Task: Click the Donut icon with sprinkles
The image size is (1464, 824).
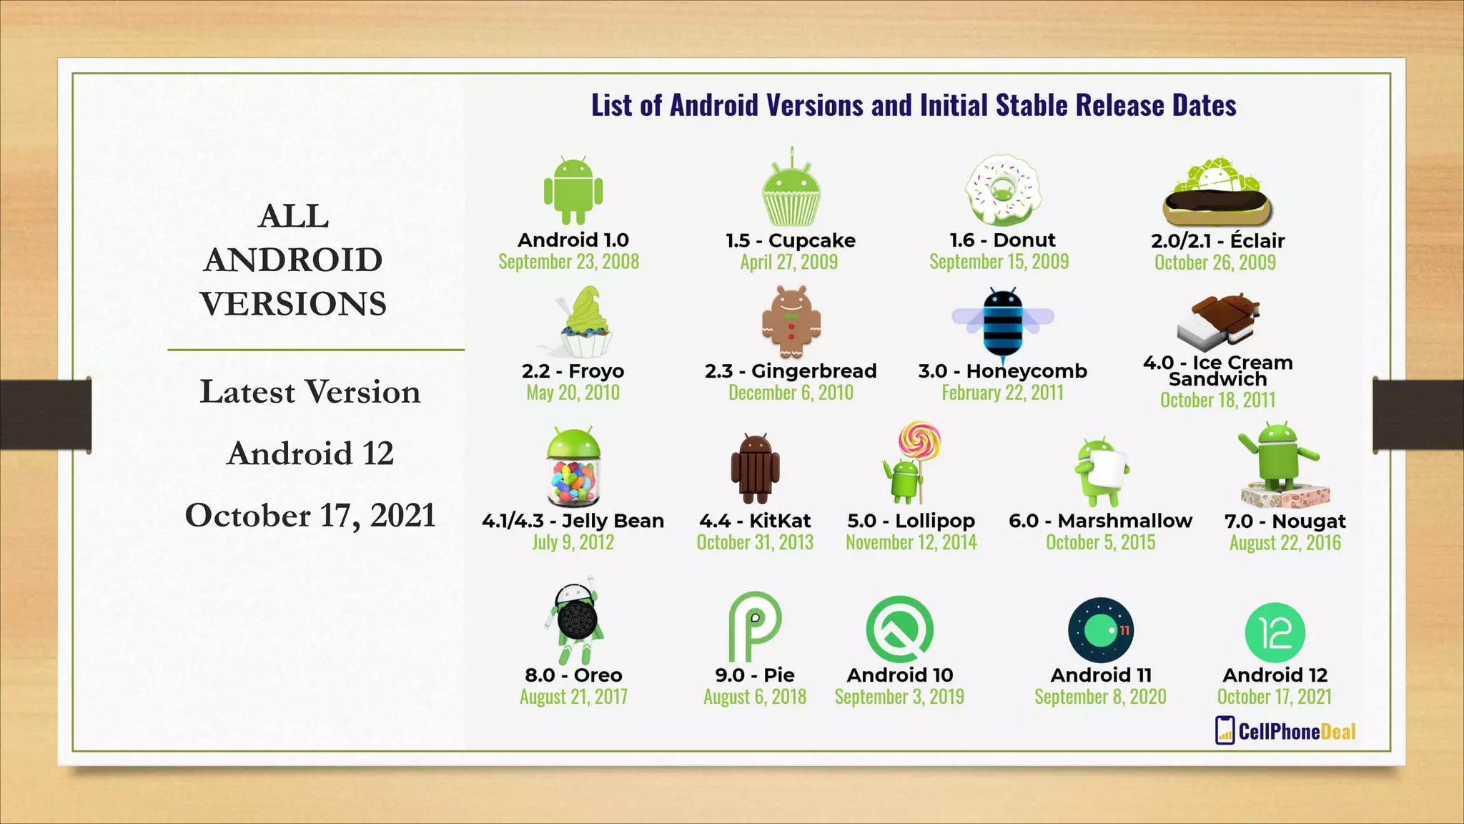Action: point(1002,190)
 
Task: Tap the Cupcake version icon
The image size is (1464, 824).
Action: point(791,193)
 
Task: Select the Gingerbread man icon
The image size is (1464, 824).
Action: point(791,323)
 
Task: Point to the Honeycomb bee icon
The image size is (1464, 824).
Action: point(1003,322)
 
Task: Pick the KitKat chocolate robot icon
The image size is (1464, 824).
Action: point(755,469)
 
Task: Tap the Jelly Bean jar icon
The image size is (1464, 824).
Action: point(573,468)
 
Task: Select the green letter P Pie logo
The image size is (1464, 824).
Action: point(754,627)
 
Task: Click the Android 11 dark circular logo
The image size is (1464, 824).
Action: point(1101,630)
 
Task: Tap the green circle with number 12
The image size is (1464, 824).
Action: point(1275,632)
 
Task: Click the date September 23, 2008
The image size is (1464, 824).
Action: point(569,262)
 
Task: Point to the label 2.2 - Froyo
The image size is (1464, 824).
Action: point(573,371)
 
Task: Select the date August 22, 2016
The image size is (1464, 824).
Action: point(1285,543)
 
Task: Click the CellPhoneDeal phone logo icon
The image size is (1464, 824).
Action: point(1225,730)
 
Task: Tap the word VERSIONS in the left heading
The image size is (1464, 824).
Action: point(293,304)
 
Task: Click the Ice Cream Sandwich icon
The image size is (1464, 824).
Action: point(1218,321)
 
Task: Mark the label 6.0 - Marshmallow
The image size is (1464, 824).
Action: point(1100,521)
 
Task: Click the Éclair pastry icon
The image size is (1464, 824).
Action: point(1217,193)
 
